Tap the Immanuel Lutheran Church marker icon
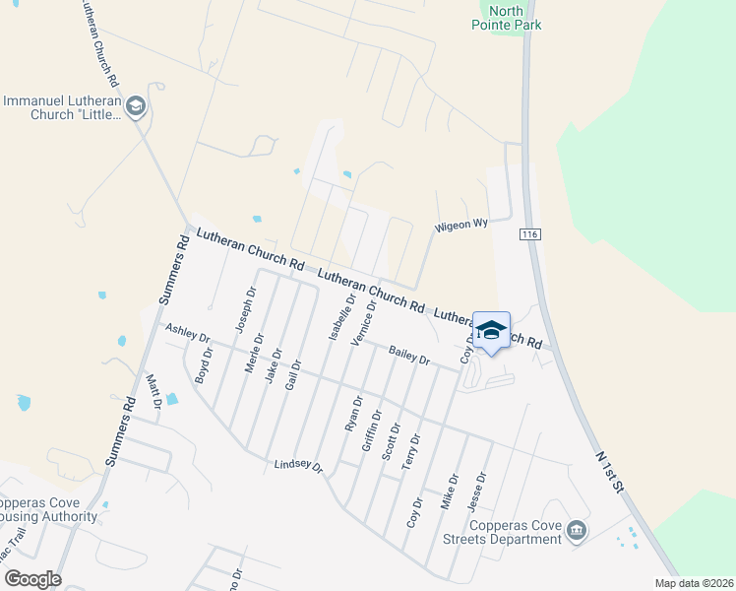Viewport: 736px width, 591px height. click(x=137, y=106)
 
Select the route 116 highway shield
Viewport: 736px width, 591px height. click(x=530, y=234)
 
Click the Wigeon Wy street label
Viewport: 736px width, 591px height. click(x=462, y=225)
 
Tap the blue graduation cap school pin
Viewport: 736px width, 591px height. click(x=491, y=331)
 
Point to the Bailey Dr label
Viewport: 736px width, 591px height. click(x=409, y=356)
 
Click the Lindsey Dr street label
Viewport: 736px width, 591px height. click(x=298, y=465)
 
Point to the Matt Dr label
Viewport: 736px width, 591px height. click(x=153, y=391)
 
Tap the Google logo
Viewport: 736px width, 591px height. click(x=33, y=579)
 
